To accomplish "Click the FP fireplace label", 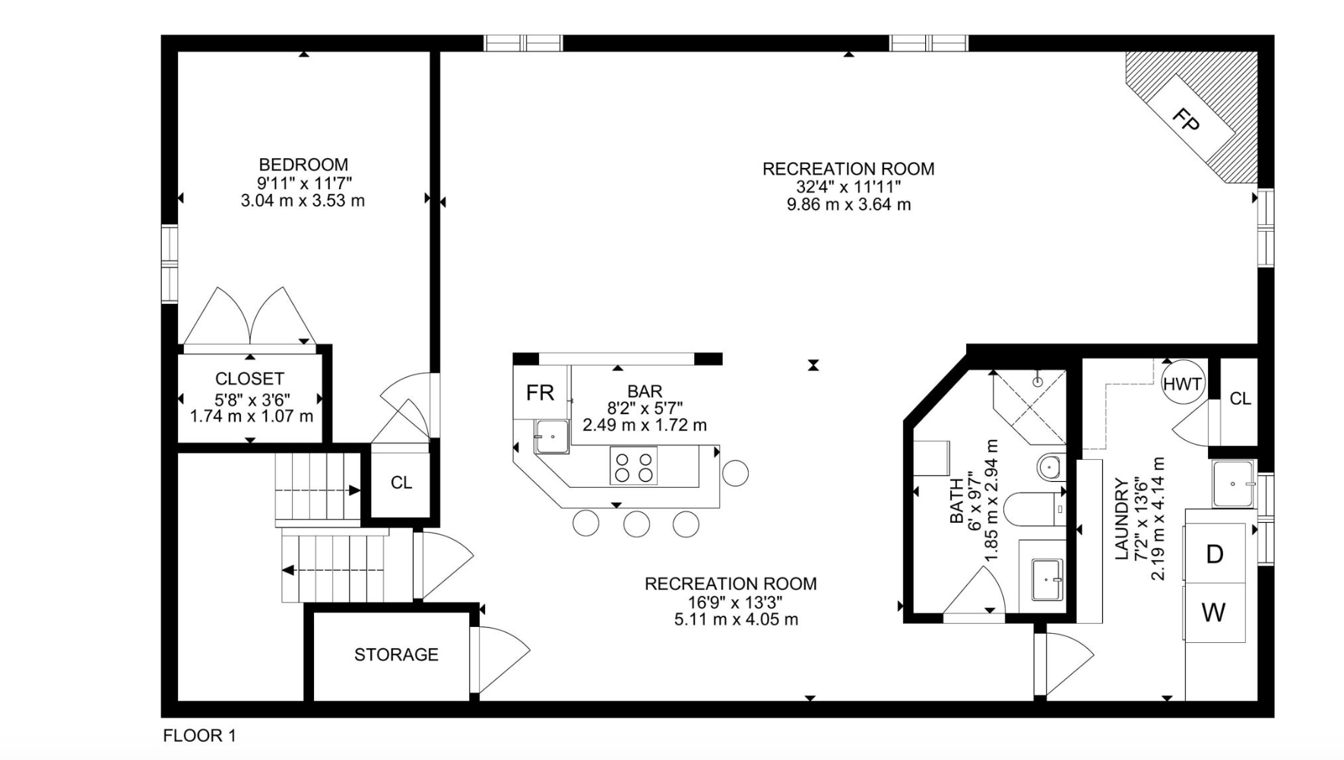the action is pyautogui.click(x=1186, y=119).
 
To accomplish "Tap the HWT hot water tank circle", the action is pyautogui.click(x=1183, y=383).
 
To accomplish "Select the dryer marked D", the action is pyautogui.click(x=1215, y=553).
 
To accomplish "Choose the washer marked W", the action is pyautogui.click(x=1214, y=613).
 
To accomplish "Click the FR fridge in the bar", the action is pyautogui.click(x=540, y=392).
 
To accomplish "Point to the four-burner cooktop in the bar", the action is pyautogui.click(x=633, y=466).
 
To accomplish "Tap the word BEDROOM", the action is pyautogui.click(x=303, y=164).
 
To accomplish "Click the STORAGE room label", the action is pyautogui.click(x=396, y=654).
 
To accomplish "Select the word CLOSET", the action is pyautogui.click(x=249, y=378).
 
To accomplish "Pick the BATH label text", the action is pyautogui.click(x=956, y=501).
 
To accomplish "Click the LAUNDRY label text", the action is pyautogui.click(x=1121, y=519).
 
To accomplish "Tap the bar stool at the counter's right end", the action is pyautogui.click(x=735, y=473).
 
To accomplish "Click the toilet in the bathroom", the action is pyautogui.click(x=1034, y=508).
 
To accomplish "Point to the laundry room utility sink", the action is pyautogui.click(x=1233, y=484).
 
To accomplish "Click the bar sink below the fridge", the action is pyautogui.click(x=551, y=436).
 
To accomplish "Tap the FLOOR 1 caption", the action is pyautogui.click(x=199, y=736).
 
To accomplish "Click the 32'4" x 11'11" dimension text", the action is pyautogui.click(x=848, y=186).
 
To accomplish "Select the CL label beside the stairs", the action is pyautogui.click(x=401, y=483).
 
